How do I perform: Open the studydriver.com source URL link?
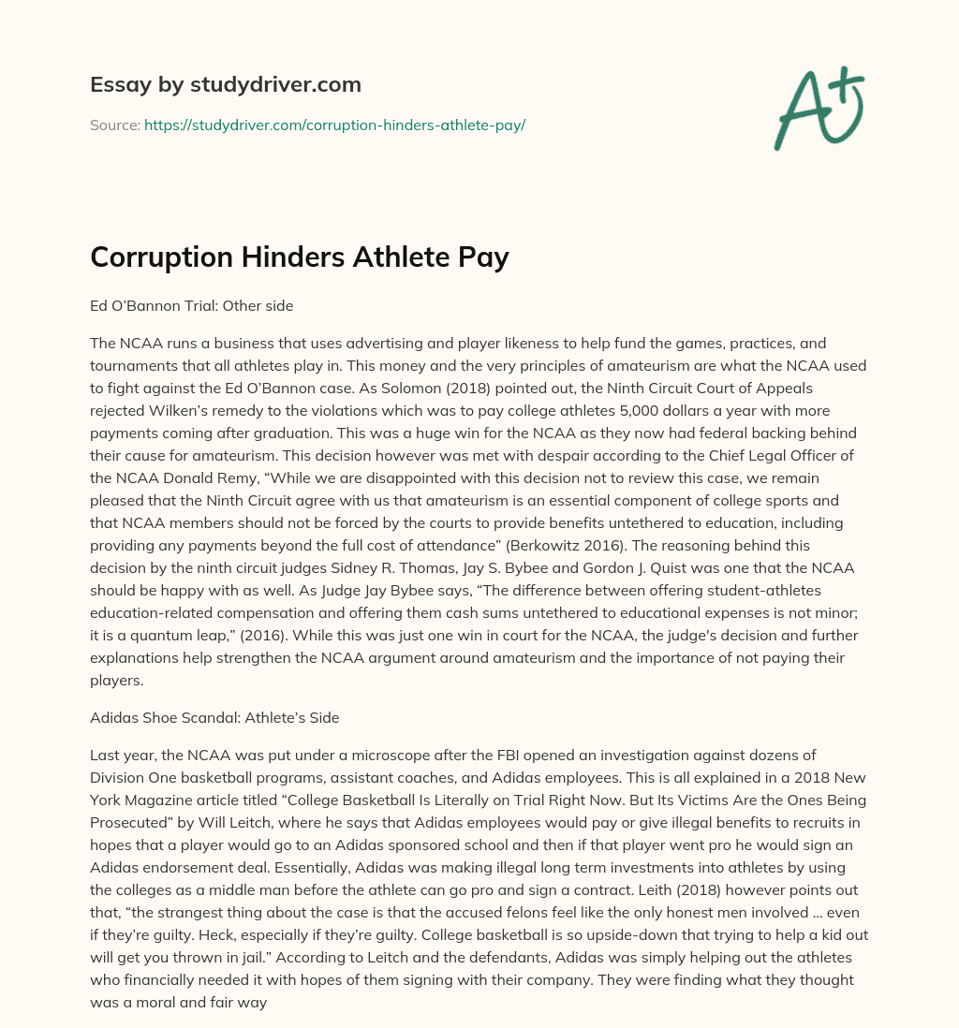(x=334, y=125)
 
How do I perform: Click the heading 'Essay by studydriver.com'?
(x=225, y=84)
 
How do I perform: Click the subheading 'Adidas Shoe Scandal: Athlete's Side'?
(x=214, y=718)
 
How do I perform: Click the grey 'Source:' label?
(x=114, y=125)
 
